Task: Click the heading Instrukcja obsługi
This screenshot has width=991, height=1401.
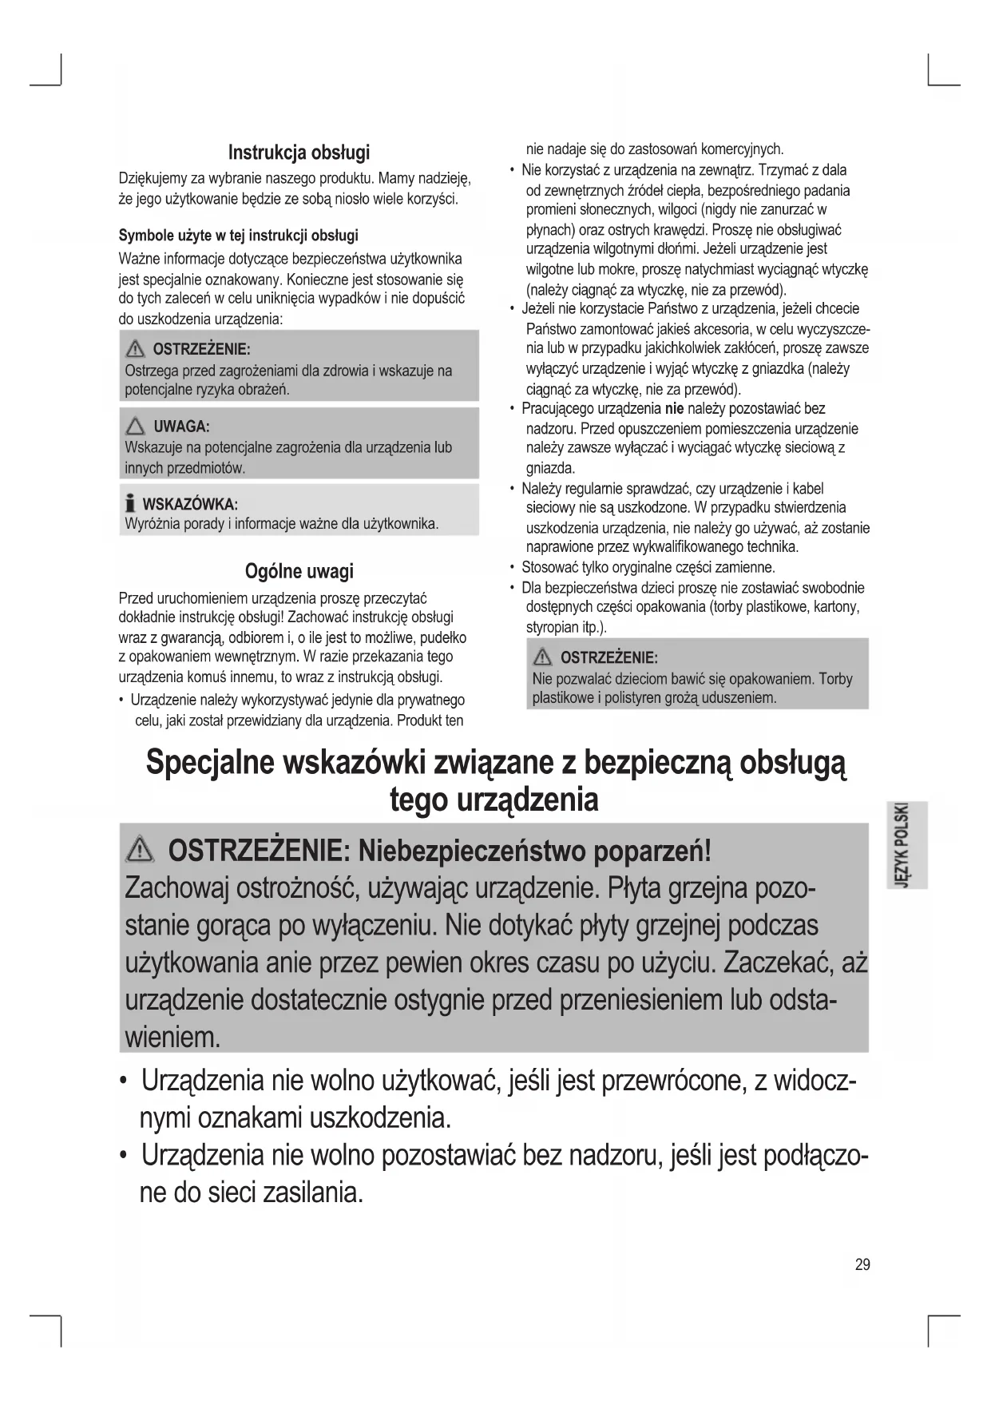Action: [299, 152]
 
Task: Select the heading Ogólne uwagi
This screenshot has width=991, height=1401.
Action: [299, 571]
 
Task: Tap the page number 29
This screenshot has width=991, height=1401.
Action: [862, 1264]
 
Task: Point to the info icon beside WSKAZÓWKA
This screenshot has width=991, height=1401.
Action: [130, 504]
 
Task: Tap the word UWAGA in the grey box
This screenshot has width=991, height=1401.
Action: [181, 427]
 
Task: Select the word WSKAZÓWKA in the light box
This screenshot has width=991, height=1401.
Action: [190, 504]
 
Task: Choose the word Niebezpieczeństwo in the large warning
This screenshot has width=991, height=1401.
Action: [472, 851]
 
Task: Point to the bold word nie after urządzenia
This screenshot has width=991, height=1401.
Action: [674, 409]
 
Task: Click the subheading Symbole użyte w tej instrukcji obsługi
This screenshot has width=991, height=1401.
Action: [238, 236]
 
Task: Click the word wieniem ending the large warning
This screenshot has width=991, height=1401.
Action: [172, 1038]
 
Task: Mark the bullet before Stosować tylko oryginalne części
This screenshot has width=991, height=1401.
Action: [512, 568]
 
